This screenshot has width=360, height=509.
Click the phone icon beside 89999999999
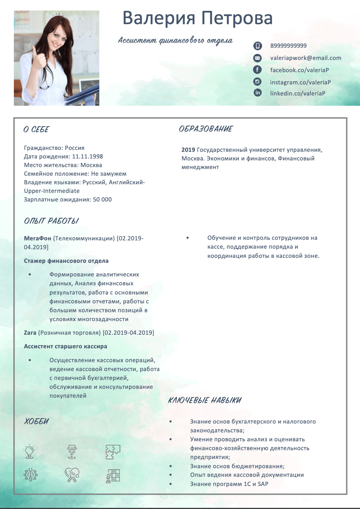[257, 46]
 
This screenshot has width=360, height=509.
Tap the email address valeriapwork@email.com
[305, 58]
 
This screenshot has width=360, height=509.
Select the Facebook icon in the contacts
[257, 70]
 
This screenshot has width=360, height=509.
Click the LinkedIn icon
[257, 93]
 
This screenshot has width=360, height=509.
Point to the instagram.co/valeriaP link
[300, 82]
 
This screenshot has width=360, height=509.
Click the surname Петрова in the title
[237, 18]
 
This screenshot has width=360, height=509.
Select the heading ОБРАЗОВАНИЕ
[205, 129]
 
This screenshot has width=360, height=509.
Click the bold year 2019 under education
[188, 150]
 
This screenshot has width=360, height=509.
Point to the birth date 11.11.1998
[87, 156]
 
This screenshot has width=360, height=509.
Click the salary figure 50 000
[102, 200]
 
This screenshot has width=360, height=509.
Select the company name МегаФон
[37, 238]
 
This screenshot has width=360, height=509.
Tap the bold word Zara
[30, 333]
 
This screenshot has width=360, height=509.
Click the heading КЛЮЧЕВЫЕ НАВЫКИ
[205, 400]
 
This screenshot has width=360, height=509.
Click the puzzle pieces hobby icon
[113, 452]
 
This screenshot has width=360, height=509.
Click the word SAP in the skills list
[263, 484]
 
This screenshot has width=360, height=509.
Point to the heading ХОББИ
[36, 421]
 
